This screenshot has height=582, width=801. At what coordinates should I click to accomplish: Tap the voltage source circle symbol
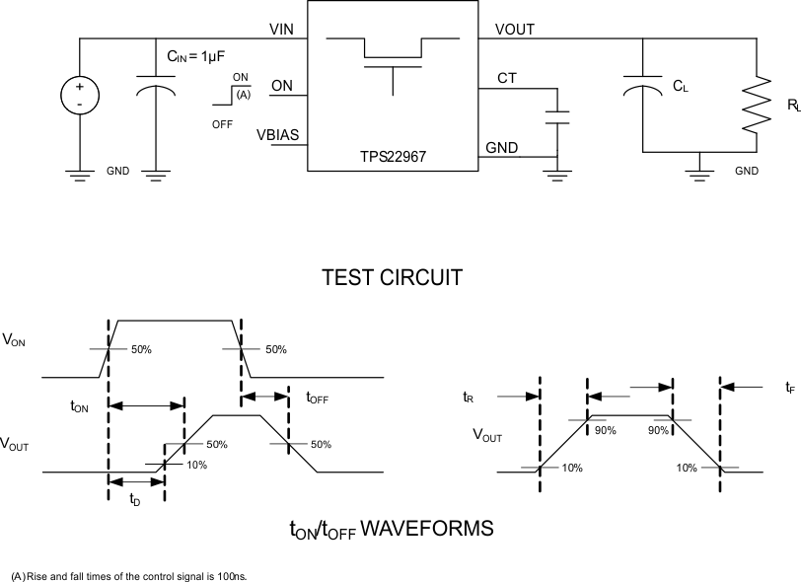(x=79, y=96)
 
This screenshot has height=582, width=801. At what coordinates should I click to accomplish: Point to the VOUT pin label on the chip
(x=514, y=30)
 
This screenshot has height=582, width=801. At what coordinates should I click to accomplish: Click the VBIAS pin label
(x=278, y=134)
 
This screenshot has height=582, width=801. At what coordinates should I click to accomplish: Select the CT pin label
(x=507, y=78)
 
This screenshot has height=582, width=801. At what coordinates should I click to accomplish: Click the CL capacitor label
(x=680, y=87)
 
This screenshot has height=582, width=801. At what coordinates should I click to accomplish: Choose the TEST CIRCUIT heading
(x=392, y=278)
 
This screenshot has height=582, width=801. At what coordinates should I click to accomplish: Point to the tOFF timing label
(x=318, y=399)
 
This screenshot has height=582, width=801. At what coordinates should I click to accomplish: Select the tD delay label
(x=136, y=498)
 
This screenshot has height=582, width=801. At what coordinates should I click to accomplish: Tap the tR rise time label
(x=469, y=398)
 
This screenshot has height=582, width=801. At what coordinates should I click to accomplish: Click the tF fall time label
(x=790, y=389)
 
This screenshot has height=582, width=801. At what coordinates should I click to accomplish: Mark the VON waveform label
(x=14, y=339)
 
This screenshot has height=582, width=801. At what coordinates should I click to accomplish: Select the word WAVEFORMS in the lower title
(x=427, y=529)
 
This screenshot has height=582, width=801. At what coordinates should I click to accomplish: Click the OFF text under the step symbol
(x=222, y=124)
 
